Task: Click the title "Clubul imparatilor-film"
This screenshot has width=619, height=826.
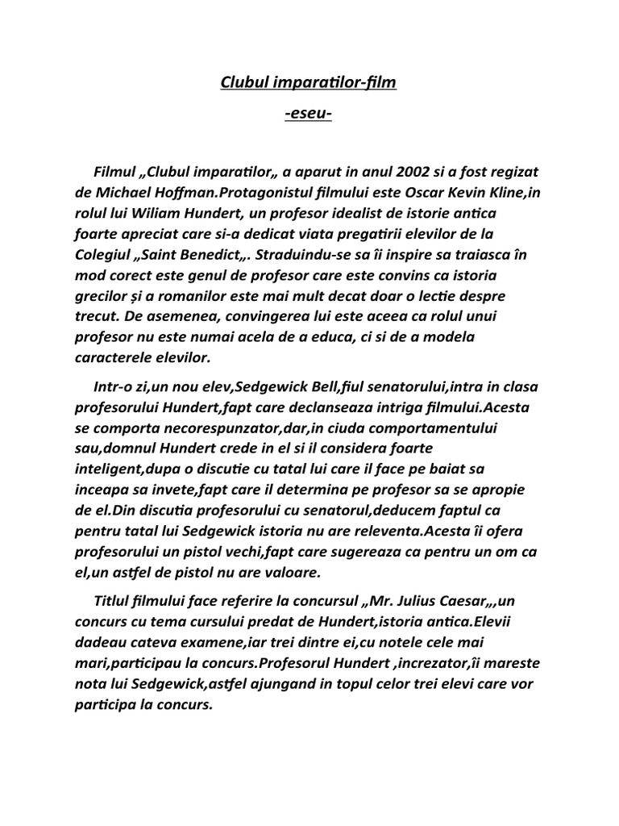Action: click(x=309, y=82)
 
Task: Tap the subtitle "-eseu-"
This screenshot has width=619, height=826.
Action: click(x=309, y=116)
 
